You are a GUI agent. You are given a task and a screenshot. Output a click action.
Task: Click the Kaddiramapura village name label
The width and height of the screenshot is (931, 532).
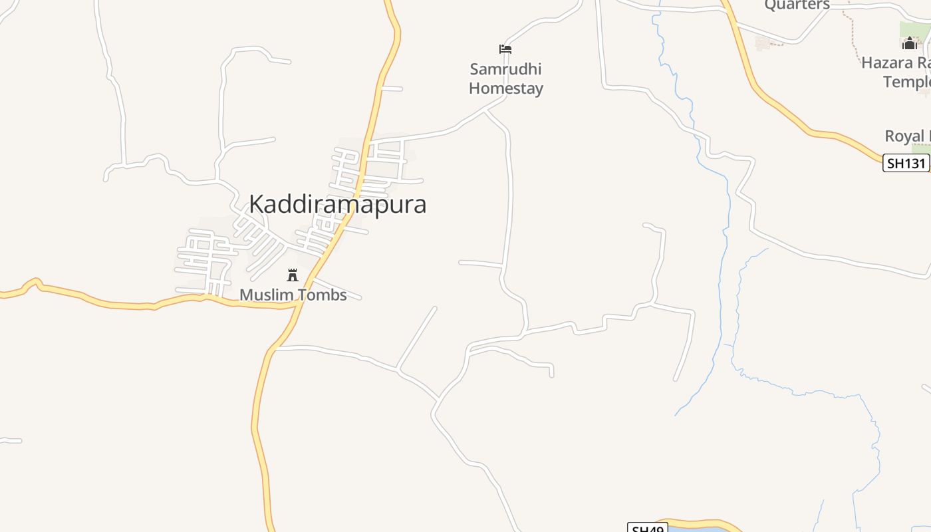pos(337,204)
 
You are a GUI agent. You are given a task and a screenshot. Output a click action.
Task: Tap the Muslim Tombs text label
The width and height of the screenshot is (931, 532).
pos(293,295)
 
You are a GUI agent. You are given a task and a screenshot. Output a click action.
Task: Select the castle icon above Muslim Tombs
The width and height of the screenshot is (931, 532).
pos(292,275)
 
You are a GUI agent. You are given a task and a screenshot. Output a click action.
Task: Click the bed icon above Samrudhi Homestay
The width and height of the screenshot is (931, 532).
pos(505,49)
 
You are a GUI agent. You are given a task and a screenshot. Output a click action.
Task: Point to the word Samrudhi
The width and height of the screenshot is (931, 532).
pos(505,69)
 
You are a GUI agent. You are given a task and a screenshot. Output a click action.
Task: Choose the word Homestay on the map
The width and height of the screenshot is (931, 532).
pos(505,88)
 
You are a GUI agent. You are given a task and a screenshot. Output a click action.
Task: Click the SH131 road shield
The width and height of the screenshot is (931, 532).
pos(905,163)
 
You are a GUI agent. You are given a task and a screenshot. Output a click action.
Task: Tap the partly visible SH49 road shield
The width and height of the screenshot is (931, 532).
pos(647,528)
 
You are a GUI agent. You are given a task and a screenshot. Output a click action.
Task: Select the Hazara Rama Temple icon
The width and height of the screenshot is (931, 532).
pos(909,44)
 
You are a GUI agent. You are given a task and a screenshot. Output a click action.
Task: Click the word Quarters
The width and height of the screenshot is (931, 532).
pos(797,5)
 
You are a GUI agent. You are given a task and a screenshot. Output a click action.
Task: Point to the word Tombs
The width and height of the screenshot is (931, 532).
pos(322,295)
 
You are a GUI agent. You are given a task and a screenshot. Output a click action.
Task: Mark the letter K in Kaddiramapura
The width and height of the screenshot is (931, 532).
pos(257,204)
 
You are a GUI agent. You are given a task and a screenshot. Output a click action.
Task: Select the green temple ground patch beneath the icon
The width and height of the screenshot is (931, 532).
pos(914,32)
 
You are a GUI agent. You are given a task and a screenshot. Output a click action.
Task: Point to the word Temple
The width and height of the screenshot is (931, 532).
pos(906,82)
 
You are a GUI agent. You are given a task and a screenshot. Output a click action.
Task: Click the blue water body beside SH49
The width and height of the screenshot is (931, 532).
pos(698,529)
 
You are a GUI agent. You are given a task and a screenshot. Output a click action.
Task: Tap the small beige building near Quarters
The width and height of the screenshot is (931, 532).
pos(763,43)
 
